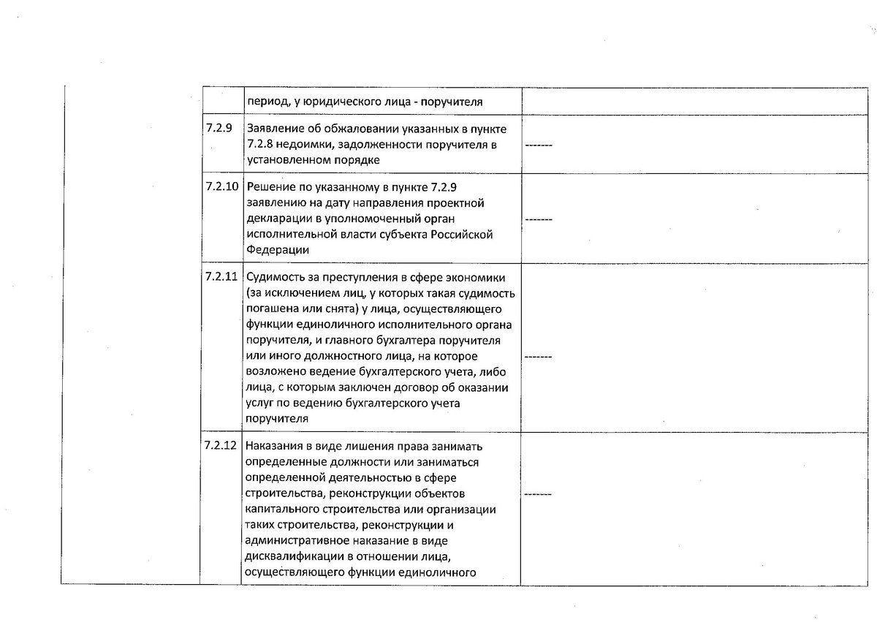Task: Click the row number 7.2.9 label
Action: click(219, 129)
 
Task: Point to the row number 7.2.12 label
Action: click(222, 446)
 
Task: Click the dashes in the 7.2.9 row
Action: click(539, 145)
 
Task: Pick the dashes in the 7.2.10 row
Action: click(539, 219)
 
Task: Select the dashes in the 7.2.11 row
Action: click(539, 356)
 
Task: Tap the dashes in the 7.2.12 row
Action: click(539, 494)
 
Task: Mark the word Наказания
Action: click(274, 447)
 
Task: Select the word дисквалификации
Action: click(291, 556)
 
